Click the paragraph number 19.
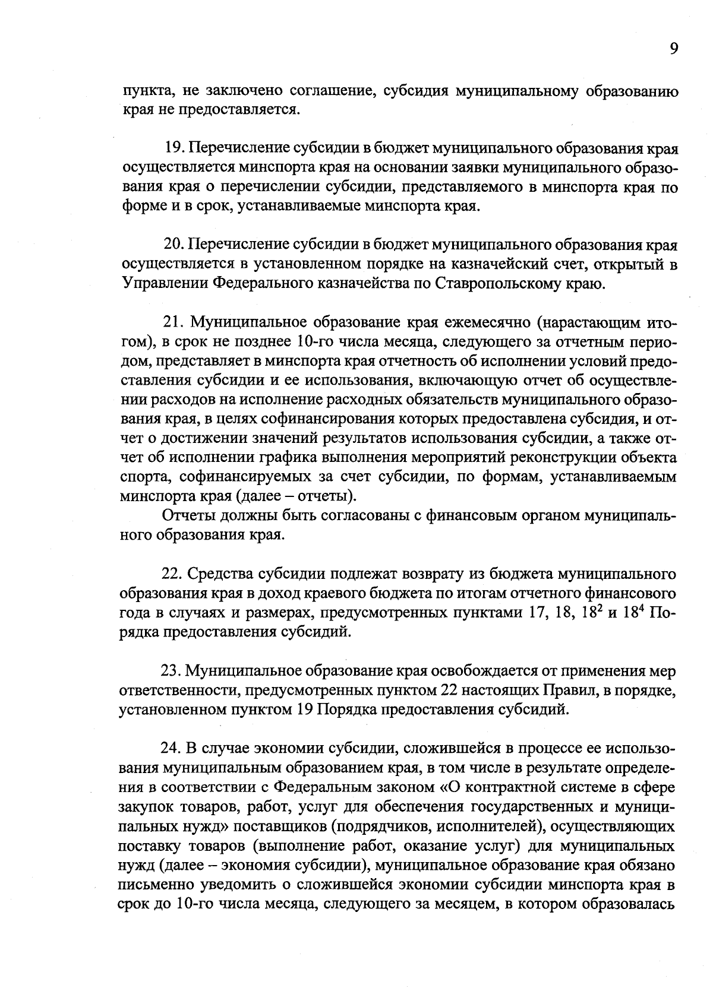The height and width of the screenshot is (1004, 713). pyautogui.click(x=172, y=147)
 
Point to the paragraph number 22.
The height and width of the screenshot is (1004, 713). pyautogui.click(x=172, y=574)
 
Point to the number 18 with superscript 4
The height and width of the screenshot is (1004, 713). pyautogui.click(x=628, y=612)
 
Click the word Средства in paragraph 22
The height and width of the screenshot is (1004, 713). pyautogui.click(x=219, y=574)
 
